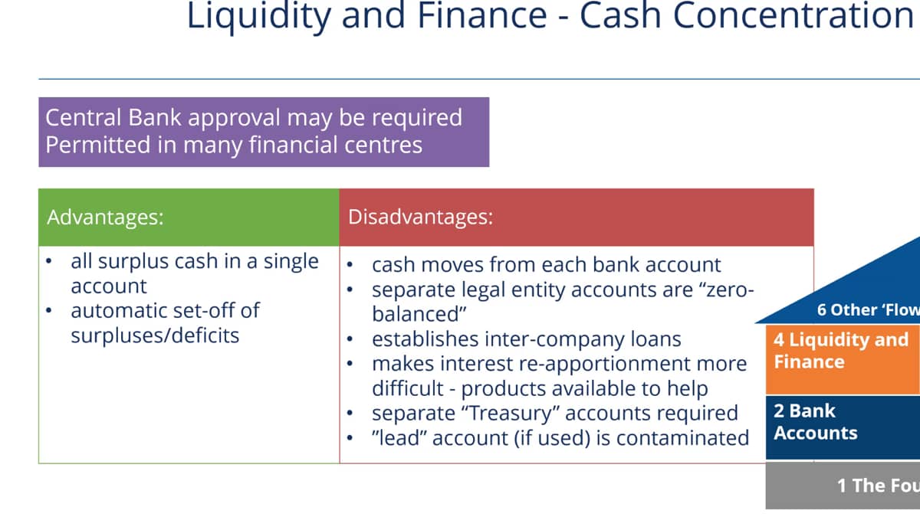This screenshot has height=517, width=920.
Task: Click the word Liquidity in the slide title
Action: coord(259,15)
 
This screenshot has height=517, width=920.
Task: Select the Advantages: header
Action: coord(105,218)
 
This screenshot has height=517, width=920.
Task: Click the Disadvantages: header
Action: coord(421,217)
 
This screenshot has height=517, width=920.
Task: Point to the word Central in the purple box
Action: coord(84,117)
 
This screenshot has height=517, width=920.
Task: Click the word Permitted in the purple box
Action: coord(98,146)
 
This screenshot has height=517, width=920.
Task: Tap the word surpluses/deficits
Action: coord(155,335)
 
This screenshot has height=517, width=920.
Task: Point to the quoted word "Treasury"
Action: coord(513,413)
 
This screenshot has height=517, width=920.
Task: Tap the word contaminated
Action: coord(682,438)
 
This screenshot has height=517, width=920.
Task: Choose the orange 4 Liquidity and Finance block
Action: coord(843,359)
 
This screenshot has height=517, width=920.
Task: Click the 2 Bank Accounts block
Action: coord(843,427)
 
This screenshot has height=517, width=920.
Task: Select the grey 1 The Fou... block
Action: coord(843,486)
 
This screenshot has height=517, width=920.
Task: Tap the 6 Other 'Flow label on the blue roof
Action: coord(868,309)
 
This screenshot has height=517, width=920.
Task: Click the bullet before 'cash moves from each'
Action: coord(350,265)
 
